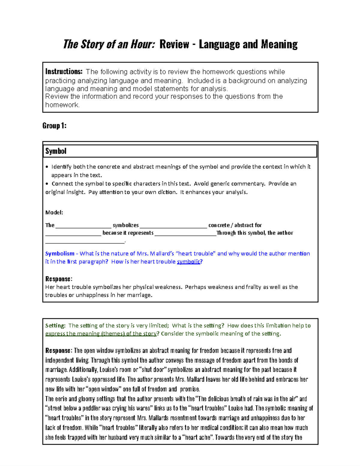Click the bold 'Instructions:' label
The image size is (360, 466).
click(x=64, y=72)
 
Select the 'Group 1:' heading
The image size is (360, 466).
click(x=54, y=126)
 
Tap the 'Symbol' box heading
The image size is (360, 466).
click(x=56, y=151)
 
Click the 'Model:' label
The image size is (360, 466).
click(x=54, y=212)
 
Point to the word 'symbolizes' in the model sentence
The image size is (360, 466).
click(x=126, y=225)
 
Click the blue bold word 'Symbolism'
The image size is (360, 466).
click(x=60, y=254)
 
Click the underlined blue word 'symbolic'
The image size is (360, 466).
click(x=188, y=262)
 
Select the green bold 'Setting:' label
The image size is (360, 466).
click(x=55, y=326)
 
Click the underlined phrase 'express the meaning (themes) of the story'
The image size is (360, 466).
click(x=101, y=334)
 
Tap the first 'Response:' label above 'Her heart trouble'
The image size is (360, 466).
click(x=58, y=279)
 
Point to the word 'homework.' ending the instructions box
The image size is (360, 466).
click(x=62, y=105)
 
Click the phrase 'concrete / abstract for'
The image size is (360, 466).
click(x=235, y=225)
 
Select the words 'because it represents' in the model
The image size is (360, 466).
click(x=128, y=233)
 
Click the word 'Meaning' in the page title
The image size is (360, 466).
click(x=279, y=44)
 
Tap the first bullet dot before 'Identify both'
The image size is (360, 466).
click(x=47, y=167)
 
